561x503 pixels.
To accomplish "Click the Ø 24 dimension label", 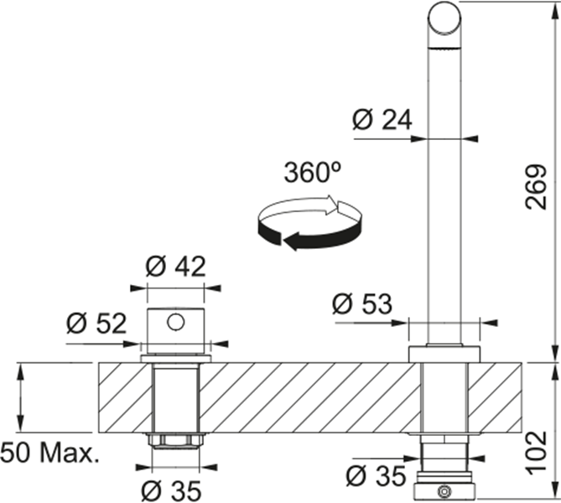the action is [382, 120].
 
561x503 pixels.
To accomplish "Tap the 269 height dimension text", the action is [536, 187].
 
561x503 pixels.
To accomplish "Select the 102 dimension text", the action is [537, 454].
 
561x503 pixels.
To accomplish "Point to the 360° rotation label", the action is [312, 172].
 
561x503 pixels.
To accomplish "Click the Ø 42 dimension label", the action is [175, 267].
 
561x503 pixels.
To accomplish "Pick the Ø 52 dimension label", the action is [96, 324].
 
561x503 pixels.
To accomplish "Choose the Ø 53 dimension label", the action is [362, 304].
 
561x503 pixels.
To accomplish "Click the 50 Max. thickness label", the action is [49, 454].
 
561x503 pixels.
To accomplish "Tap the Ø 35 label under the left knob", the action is [171, 490].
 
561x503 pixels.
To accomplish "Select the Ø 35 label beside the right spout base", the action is [376, 476].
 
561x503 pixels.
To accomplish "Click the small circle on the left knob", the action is [175, 322].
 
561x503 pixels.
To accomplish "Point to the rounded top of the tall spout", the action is [444, 17].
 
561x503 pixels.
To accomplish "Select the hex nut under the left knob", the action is [175, 440].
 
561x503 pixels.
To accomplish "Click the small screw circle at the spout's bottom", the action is [444, 491].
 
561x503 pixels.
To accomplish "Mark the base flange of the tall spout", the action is [444, 354].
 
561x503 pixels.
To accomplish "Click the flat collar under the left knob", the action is [175, 359].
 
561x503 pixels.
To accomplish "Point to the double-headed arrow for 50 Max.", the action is [20, 397].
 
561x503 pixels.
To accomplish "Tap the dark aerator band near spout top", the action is [444, 48].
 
